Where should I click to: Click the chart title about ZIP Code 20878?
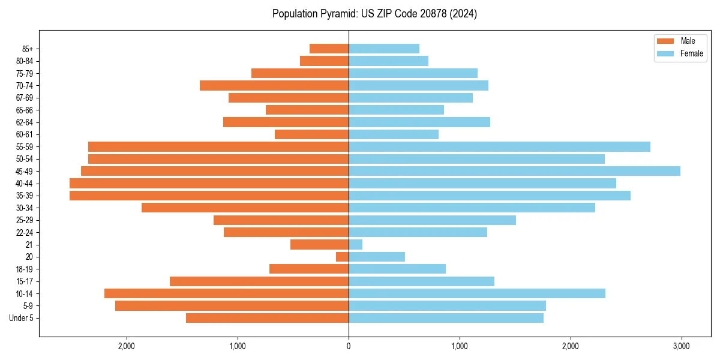(x=374, y=14)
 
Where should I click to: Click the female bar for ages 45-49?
(x=514, y=171)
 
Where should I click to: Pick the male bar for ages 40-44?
(x=209, y=184)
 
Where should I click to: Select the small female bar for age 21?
(x=355, y=245)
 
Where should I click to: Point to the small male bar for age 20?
(x=343, y=257)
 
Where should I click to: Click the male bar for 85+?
(x=329, y=49)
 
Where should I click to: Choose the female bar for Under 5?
(x=446, y=318)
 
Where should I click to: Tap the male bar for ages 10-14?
(x=226, y=293)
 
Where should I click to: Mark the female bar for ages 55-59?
(x=499, y=147)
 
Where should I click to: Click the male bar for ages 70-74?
(x=274, y=86)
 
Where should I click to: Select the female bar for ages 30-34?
(x=472, y=208)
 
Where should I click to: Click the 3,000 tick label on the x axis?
(x=681, y=346)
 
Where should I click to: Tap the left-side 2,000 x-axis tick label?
(x=127, y=346)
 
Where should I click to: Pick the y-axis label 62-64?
(x=24, y=122)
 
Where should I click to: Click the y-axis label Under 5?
(x=22, y=318)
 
